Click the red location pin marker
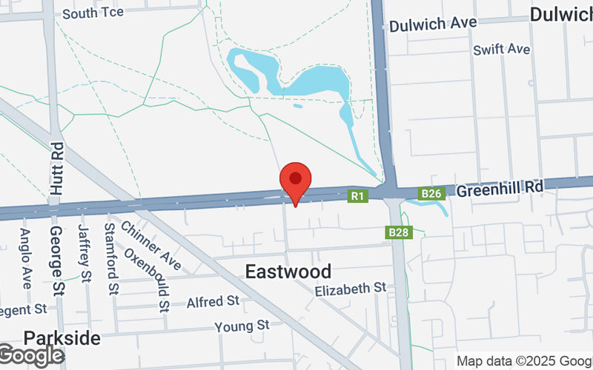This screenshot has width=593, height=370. pyautogui.click(x=296, y=181)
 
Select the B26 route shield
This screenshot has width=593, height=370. pyautogui.click(x=431, y=194)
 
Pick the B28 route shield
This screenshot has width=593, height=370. pyautogui.click(x=398, y=233)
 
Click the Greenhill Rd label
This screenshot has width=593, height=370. pyautogui.click(x=500, y=189)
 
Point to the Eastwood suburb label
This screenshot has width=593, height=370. pyautogui.click(x=288, y=272)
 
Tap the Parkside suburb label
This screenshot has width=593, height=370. pyautogui.click(x=62, y=338)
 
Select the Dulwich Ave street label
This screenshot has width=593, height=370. pyautogui.click(x=433, y=24)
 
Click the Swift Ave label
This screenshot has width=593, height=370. pyautogui.click(x=502, y=50)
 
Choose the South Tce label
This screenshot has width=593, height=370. pyautogui.click(x=93, y=13)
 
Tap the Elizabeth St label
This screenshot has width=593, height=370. pyautogui.click(x=351, y=287)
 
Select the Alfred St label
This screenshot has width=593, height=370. pyautogui.click(x=213, y=302)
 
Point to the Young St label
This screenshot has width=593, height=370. pyautogui.click(x=242, y=326)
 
